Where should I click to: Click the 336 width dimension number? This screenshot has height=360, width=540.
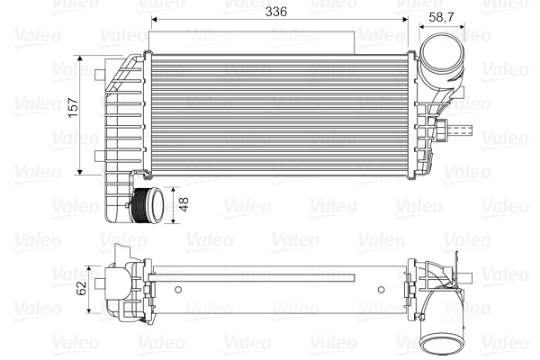(x=275, y=12)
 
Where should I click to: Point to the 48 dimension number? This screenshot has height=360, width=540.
(x=184, y=204)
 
